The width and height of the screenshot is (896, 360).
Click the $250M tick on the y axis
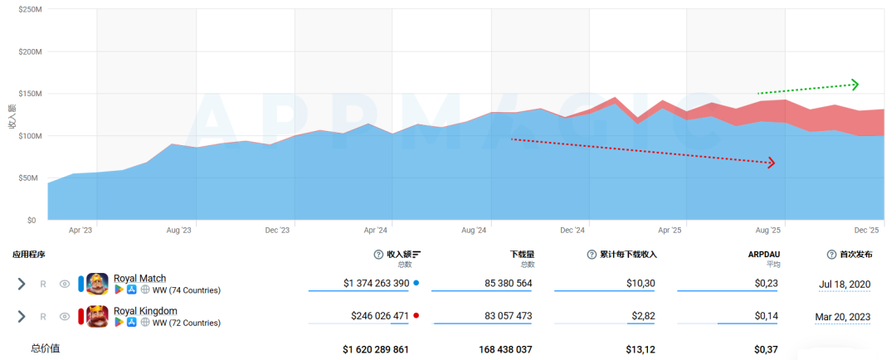29,10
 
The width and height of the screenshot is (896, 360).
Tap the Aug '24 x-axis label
474,231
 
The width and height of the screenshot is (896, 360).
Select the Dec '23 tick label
277,231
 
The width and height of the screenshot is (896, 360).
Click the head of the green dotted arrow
855,85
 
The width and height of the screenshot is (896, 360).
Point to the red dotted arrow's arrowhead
771,163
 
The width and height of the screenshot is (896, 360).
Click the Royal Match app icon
97,284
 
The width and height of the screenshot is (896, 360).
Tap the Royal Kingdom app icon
97,316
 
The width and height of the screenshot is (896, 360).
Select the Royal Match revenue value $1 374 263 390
376,283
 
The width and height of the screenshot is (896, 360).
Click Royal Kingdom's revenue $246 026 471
380,315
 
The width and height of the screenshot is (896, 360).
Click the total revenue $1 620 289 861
376,349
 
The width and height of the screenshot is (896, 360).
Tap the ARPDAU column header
764,255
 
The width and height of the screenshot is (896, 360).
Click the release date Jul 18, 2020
844,283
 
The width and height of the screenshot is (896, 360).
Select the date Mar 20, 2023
842,316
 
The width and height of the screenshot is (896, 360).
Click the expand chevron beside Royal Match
22,284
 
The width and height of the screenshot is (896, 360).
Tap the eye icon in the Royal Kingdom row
65,316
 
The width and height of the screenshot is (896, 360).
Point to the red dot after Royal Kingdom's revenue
416,315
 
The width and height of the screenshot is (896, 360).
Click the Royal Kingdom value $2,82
644,315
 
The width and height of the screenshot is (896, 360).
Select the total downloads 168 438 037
505,349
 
